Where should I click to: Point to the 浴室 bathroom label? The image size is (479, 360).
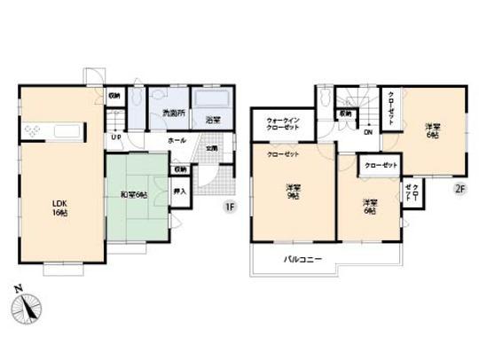coord(213,119)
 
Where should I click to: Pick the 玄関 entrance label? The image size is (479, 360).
coord(212,148)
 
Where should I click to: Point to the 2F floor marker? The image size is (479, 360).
coord(459,188)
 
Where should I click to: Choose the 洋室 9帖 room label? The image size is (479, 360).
coord(292,192)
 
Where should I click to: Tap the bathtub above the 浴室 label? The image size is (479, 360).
coord(212,98)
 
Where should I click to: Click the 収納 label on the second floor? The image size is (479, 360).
coord(344,113)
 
